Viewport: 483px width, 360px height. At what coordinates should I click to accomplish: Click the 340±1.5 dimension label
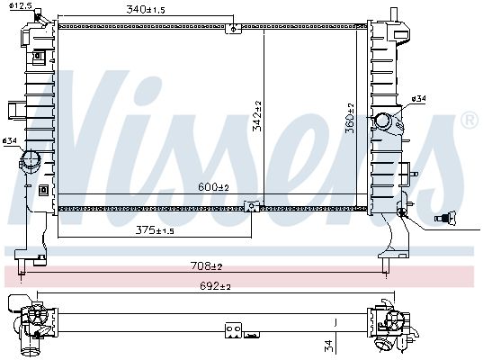146,10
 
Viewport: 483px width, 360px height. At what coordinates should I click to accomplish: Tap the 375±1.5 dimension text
155,230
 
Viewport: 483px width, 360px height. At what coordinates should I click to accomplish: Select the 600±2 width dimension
213,187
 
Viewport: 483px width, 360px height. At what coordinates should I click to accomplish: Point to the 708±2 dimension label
206,265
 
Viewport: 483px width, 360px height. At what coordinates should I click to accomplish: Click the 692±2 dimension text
215,286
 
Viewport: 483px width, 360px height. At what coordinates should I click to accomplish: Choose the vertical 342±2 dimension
257,116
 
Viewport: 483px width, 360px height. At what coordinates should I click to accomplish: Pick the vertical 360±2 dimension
350,119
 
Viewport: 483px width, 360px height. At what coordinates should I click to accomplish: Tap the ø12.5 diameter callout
21,5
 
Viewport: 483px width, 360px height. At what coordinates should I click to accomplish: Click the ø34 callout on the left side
9,141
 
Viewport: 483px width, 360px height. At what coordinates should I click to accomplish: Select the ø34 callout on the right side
419,99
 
